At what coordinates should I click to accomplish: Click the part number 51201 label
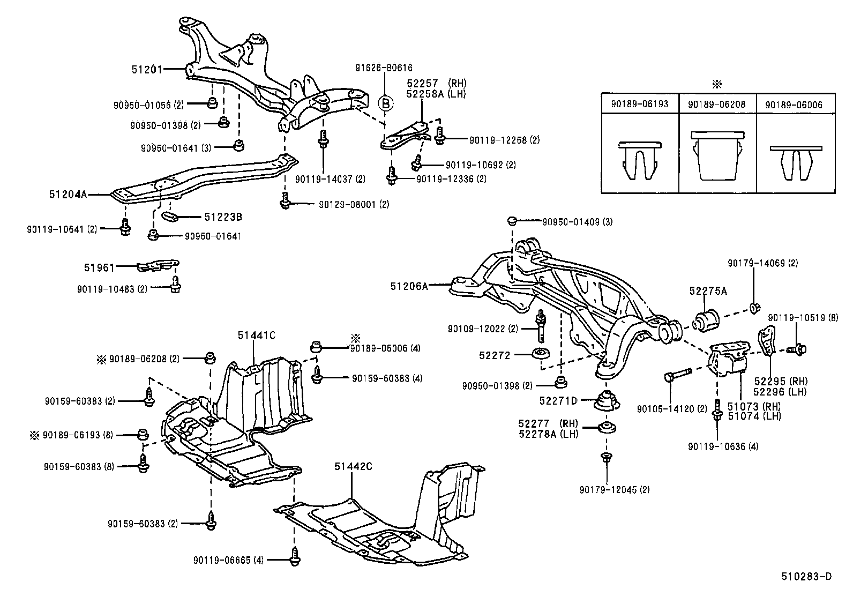(147, 69)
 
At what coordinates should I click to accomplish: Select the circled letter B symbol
(386, 102)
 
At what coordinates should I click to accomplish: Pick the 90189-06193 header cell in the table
(640, 104)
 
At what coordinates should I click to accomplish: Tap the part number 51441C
(256, 336)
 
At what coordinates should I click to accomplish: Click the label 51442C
(353, 466)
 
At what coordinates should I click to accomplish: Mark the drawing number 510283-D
(806, 577)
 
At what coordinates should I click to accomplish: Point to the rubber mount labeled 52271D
(607, 401)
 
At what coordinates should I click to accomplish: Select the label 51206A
(409, 286)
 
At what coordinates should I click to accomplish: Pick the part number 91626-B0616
(384, 68)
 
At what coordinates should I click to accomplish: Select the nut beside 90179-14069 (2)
(754, 308)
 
